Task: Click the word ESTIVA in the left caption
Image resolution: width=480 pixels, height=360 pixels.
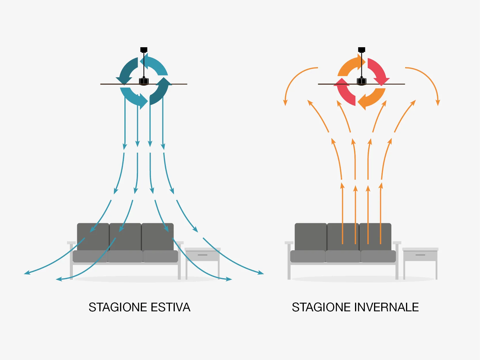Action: [170, 307]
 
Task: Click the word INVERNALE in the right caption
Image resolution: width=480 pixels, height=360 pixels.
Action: [386, 307]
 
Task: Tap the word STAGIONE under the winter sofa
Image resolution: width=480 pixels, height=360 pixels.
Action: [321, 307]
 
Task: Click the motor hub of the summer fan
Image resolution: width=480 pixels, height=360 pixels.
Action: [144, 81]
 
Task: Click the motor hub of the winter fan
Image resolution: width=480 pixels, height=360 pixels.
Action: [361, 81]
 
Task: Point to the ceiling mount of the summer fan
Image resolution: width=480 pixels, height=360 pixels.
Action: [144, 50]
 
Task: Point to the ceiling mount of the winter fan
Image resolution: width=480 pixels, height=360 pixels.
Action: [361, 50]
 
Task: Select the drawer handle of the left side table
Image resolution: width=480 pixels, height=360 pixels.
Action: [202, 255]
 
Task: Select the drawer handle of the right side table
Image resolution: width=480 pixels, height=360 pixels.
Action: [420, 255]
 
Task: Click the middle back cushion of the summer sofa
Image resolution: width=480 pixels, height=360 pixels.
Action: [125, 237]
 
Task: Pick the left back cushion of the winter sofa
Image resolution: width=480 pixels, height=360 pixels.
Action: [310, 237]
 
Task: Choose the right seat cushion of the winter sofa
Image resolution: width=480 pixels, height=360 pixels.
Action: [378, 256]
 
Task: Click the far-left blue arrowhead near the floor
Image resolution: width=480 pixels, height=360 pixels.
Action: [27, 272]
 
